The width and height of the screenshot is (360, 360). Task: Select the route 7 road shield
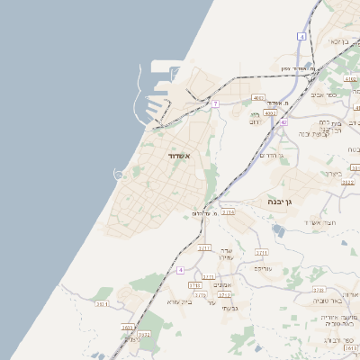(x=216, y=103)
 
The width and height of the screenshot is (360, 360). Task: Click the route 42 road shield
(x=283, y=121)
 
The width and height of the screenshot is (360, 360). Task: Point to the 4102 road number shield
(x=350, y=79)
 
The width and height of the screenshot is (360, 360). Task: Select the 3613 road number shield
(x=350, y=348)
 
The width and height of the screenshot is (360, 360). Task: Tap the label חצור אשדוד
(x=319, y=221)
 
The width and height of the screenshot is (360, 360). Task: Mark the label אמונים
(x=225, y=285)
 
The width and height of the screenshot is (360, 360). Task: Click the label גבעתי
(x=229, y=309)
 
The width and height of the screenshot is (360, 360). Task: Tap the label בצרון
(x=334, y=174)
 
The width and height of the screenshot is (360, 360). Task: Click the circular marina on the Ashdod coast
(x=118, y=174)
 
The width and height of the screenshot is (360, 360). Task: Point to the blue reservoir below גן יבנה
(x=278, y=231)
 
